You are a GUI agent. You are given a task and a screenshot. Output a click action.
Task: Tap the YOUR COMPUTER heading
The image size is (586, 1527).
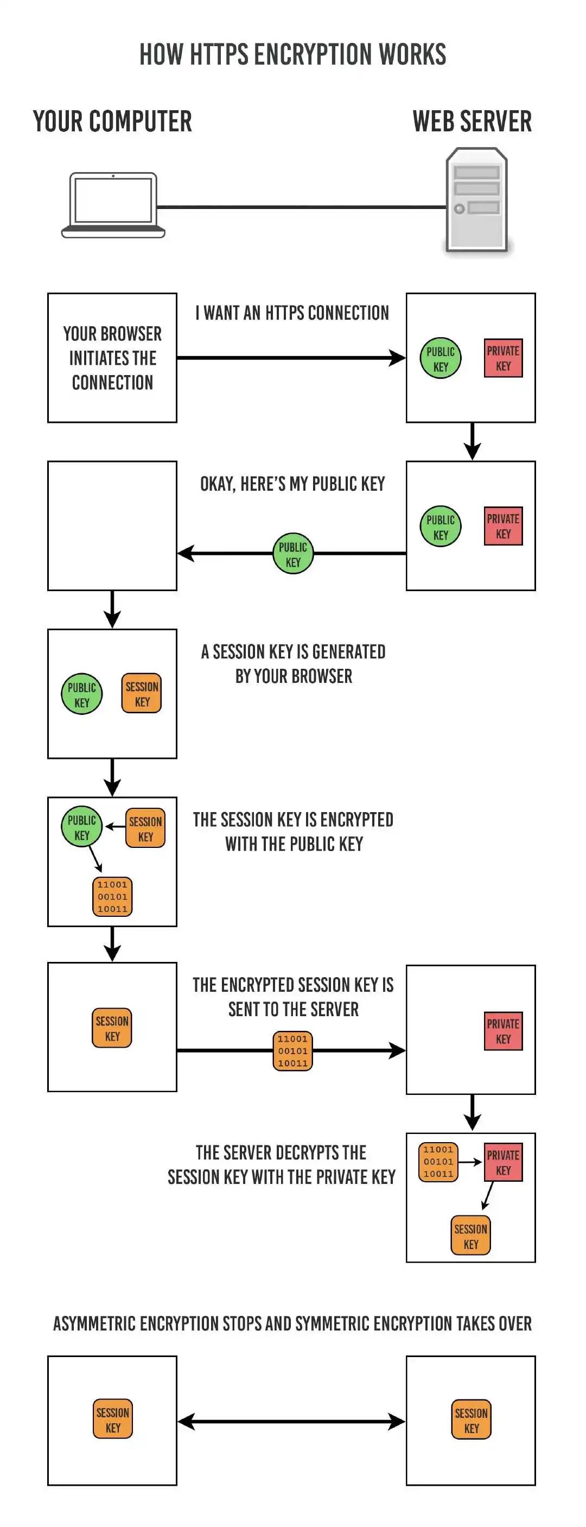pos(112,122)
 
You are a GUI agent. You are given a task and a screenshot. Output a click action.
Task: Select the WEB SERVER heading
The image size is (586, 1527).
pos(472,122)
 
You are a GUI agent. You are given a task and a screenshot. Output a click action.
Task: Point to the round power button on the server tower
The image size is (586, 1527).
pos(458,208)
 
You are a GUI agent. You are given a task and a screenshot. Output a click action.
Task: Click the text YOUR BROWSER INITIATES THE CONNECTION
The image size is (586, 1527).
pos(112,358)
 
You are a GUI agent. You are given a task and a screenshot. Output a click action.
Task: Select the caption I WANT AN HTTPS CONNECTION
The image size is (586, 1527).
pos(292,313)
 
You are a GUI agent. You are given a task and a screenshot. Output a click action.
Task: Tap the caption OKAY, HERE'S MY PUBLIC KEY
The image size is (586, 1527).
pos(292,484)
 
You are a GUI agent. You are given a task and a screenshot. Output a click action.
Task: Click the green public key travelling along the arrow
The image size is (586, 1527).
pos(292,554)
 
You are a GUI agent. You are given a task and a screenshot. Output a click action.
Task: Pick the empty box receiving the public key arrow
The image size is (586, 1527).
pos(112,526)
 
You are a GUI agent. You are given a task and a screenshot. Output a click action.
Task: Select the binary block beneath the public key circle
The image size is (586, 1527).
pos(112,896)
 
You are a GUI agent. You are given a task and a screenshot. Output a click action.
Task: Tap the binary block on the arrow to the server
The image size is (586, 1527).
pos(292,1051)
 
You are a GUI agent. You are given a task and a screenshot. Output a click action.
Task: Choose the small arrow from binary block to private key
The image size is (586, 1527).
pos(469,1162)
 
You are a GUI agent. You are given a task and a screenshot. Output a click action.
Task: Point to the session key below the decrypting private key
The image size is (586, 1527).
pos(470,1236)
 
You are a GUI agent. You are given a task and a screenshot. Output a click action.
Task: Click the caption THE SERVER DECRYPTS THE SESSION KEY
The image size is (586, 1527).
pos(282,1165)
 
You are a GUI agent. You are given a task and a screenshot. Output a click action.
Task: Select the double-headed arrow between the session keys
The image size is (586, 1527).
pos(291,1421)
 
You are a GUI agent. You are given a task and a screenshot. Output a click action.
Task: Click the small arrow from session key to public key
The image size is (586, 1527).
pos(114,826)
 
